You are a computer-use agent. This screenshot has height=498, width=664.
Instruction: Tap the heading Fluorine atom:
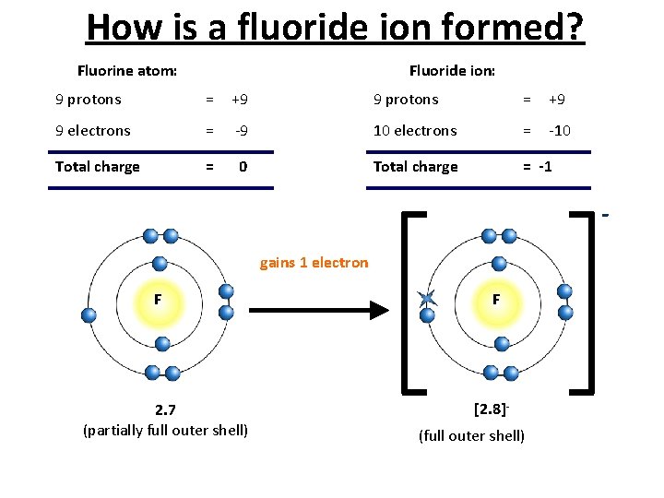[x=127, y=70]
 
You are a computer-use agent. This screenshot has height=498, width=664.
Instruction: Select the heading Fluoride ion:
[x=452, y=70]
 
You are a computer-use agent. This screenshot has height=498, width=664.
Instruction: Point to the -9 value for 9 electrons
[x=241, y=131]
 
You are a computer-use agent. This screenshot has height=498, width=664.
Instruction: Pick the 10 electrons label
[x=414, y=131]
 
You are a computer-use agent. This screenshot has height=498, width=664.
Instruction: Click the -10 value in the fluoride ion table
[x=559, y=131]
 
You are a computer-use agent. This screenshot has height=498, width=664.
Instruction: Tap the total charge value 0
[x=243, y=167]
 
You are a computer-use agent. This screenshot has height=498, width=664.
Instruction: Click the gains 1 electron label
[x=314, y=263]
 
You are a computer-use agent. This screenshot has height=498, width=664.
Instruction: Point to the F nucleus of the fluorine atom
[x=159, y=301]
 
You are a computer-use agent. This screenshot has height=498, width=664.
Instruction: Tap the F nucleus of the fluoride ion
[x=496, y=301]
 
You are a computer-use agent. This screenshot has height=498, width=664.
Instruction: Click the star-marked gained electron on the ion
[x=425, y=297]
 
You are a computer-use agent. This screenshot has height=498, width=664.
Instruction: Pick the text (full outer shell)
[x=471, y=435]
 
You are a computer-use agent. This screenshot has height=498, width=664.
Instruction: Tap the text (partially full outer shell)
[x=165, y=431]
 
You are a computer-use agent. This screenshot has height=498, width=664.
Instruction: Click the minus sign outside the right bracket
[x=606, y=216]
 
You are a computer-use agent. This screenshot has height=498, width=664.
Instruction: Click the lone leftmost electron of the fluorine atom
[x=89, y=314]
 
